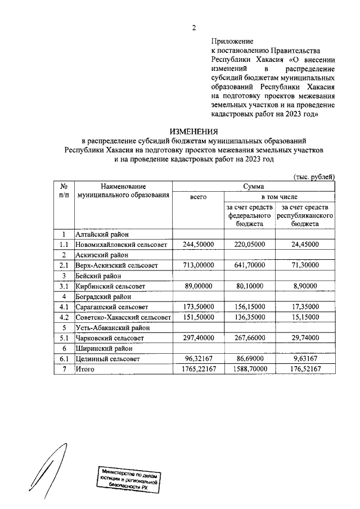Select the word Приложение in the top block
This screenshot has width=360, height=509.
coord(232,41)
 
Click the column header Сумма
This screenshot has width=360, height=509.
coord(254,186)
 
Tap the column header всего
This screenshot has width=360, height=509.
coord(199,197)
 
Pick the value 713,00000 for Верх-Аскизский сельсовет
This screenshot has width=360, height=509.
coord(199,265)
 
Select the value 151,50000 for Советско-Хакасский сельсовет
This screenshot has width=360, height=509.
coord(199,317)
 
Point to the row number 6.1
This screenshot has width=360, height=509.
coord(64,358)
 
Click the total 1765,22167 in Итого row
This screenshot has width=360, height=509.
coord(199,369)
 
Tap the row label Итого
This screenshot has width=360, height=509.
coord(85,369)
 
